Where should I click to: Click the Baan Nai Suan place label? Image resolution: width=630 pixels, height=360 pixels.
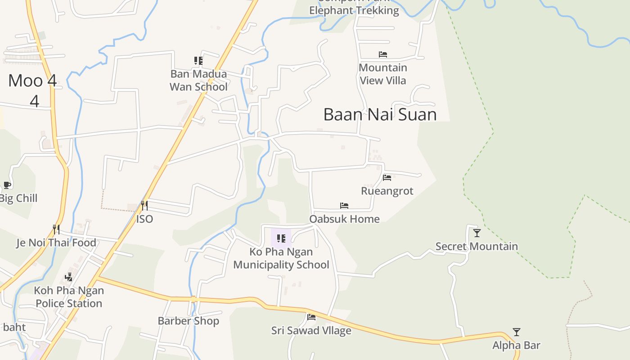[x=380, y=114]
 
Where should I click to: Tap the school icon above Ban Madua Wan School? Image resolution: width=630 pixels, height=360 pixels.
[x=198, y=61]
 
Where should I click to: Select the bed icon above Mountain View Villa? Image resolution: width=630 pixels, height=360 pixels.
[x=383, y=54]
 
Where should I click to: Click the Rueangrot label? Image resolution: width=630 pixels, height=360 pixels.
[x=387, y=191]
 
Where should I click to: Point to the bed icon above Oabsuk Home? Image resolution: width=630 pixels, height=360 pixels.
[x=344, y=206]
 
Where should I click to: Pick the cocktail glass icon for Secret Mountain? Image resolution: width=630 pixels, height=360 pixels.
[x=477, y=233]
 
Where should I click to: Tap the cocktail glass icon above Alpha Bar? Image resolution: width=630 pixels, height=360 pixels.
[x=517, y=332]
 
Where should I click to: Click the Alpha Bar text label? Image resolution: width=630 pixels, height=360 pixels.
[x=516, y=346]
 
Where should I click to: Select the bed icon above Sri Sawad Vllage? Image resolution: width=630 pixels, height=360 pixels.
[x=311, y=317]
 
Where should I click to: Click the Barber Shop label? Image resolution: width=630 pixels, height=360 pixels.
[x=188, y=321]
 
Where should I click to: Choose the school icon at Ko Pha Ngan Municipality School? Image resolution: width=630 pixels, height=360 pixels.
[x=281, y=238]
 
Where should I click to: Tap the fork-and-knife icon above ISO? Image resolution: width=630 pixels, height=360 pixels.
[x=144, y=206]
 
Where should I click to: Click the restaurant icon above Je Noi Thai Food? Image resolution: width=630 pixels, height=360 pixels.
[x=56, y=229]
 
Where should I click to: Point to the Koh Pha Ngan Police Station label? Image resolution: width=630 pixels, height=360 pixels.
[x=69, y=297]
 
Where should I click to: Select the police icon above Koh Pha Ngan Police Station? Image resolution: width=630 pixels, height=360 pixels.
[x=68, y=277]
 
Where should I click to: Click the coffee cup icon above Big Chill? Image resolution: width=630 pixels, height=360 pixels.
[x=7, y=185]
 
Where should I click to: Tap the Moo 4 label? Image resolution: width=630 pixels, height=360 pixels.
[x=33, y=81]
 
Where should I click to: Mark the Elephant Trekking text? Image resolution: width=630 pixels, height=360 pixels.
[x=354, y=10]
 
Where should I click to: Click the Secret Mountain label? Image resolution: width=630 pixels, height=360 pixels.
[x=477, y=246]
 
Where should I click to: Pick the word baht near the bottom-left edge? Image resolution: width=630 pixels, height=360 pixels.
[x=14, y=327]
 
